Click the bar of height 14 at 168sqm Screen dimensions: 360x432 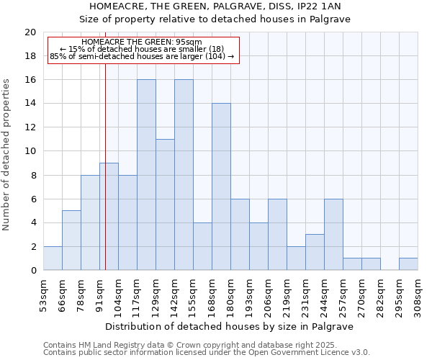point(221,186)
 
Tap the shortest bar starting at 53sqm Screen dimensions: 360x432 point(53,258)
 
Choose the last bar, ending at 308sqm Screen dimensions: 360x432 point(408,264)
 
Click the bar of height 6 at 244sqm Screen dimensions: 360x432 point(333,235)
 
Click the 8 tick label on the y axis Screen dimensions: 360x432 point(32,175)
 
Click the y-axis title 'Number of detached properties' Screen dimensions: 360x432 point(6,154)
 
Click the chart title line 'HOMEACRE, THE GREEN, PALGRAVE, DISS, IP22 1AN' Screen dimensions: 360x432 point(216,6)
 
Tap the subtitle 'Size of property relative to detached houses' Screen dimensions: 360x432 point(216,19)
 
